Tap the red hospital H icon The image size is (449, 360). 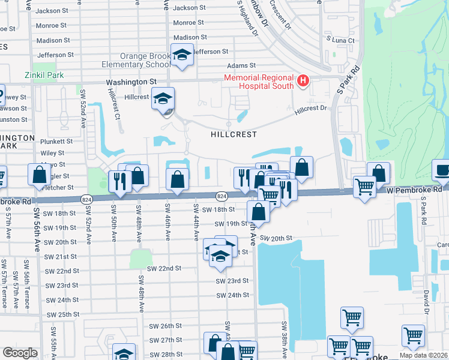tap(303, 80)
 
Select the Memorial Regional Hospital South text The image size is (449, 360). tap(258, 82)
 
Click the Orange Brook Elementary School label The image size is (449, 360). tap(145, 60)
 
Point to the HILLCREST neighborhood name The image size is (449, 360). tap(234, 135)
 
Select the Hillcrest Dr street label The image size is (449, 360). tap(310, 109)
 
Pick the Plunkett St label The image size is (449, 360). tap(56, 142)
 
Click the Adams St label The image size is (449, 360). tap(241, 65)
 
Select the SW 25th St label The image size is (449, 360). tap(62, 314)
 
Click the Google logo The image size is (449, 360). tap(20, 353)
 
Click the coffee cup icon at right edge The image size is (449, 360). tap(442, 169)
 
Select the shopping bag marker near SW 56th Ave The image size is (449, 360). tap(40, 175)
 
